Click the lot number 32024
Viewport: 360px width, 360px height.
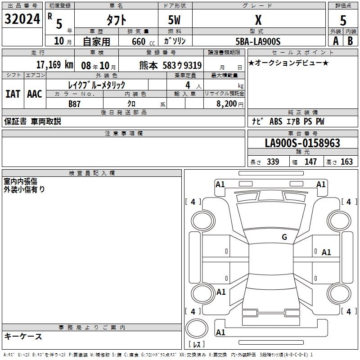coord(22,19)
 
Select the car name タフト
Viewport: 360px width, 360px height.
coord(116,20)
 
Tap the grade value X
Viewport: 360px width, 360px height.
coord(258,20)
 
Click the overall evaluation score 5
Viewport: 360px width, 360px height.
coord(343,20)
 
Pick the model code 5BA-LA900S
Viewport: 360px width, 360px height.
coord(258,41)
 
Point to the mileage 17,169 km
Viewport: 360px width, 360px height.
coord(54,64)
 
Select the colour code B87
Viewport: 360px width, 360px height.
coord(75,103)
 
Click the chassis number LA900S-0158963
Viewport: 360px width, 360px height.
coord(302,143)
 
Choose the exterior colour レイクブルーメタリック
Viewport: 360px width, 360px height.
coord(96,85)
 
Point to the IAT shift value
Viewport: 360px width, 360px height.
coord(13,94)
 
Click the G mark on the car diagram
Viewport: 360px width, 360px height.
coord(284,237)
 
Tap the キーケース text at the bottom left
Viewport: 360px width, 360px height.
coord(23,336)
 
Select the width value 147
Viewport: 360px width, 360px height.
coord(310,162)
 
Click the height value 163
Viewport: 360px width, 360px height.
coord(346,162)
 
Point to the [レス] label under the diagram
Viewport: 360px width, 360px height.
coord(197,344)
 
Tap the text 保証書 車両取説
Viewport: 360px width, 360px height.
coord(32,121)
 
